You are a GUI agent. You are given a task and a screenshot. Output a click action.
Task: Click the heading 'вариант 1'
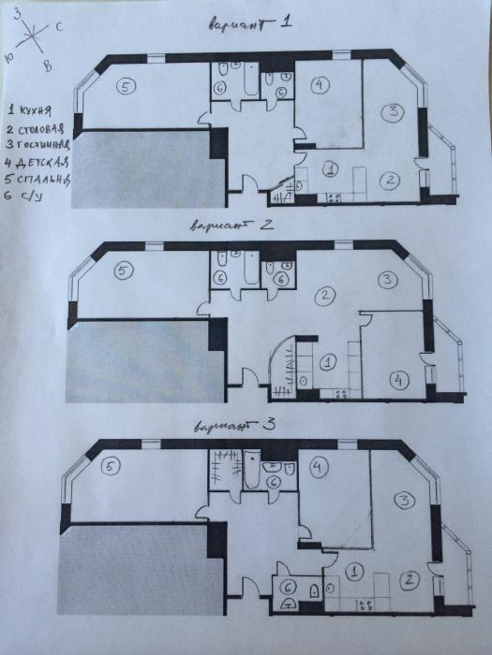250,23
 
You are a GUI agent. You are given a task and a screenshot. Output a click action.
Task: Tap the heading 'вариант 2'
231,226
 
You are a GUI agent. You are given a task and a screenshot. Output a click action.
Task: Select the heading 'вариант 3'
234,427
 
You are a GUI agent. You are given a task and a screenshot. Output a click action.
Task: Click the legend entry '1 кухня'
30,110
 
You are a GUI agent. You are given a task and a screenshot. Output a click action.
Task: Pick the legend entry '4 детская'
37,162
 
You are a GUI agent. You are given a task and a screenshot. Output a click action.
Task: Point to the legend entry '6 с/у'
23,196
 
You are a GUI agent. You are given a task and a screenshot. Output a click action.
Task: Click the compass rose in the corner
32,37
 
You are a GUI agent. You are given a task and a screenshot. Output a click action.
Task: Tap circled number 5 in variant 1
127,87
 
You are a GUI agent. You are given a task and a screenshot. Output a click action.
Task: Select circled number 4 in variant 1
321,85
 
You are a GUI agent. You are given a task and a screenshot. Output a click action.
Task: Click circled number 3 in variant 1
393,112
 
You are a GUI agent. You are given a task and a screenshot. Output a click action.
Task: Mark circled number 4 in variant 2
398,380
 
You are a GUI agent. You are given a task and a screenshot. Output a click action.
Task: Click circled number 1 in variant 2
328,362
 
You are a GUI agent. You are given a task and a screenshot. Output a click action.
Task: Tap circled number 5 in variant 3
111,467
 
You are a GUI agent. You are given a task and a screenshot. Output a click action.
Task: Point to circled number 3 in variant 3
405,501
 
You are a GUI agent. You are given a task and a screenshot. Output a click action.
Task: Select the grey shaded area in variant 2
145,360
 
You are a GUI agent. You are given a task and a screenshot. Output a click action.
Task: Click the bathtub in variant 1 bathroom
251,80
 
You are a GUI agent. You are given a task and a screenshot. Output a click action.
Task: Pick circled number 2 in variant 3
409,580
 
